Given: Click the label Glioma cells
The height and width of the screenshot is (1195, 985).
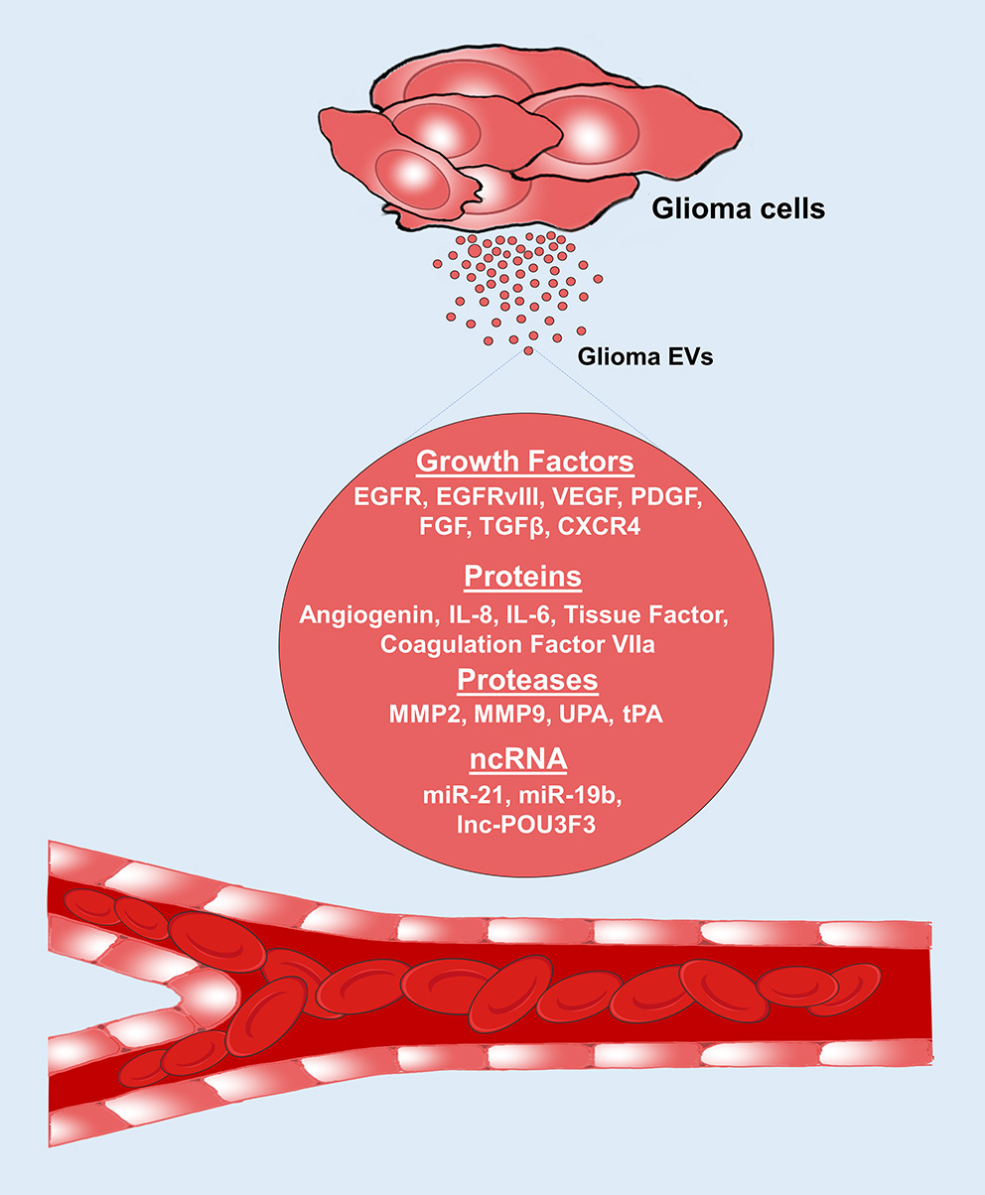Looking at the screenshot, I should (739, 209).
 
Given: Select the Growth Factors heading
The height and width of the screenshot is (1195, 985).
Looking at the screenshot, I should (524, 463).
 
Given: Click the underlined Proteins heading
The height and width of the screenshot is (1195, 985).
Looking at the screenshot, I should (522, 577).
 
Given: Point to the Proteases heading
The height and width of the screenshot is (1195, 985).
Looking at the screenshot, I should (527, 680).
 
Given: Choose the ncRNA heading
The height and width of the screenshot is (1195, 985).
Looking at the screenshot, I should (518, 759).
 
